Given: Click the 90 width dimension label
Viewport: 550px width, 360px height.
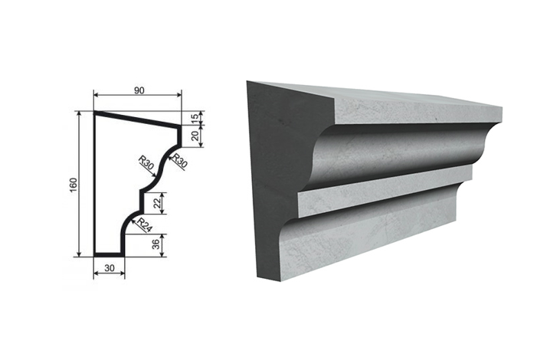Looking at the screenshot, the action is (x=139, y=90).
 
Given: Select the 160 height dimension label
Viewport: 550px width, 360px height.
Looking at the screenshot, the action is (x=74, y=185).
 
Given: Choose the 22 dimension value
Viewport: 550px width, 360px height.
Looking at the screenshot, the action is (x=157, y=203).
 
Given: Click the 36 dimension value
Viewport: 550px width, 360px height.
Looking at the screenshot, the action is (x=157, y=244).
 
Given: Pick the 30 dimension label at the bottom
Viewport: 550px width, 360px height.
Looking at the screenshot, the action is (x=110, y=268).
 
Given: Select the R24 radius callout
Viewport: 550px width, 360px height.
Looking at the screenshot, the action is (x=144, y=225).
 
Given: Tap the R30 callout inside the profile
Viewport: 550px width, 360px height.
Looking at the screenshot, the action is (x=146, y=163).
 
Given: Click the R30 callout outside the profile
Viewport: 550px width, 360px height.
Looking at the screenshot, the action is (x=180, y=161).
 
